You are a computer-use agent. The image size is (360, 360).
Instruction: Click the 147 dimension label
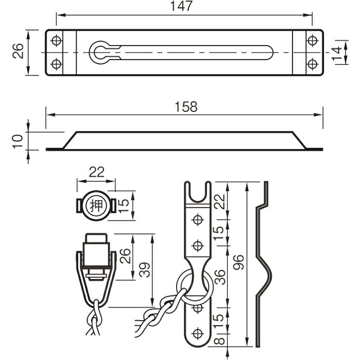(x=184, y=7)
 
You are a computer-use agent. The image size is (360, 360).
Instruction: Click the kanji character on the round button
(x=96, y=206)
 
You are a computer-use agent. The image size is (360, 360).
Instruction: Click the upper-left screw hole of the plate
(x=56, y=41)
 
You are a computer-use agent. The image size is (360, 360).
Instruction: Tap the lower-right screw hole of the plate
(x=312, y=64)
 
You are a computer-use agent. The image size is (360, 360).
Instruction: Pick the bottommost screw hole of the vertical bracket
(x=197, y=332)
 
